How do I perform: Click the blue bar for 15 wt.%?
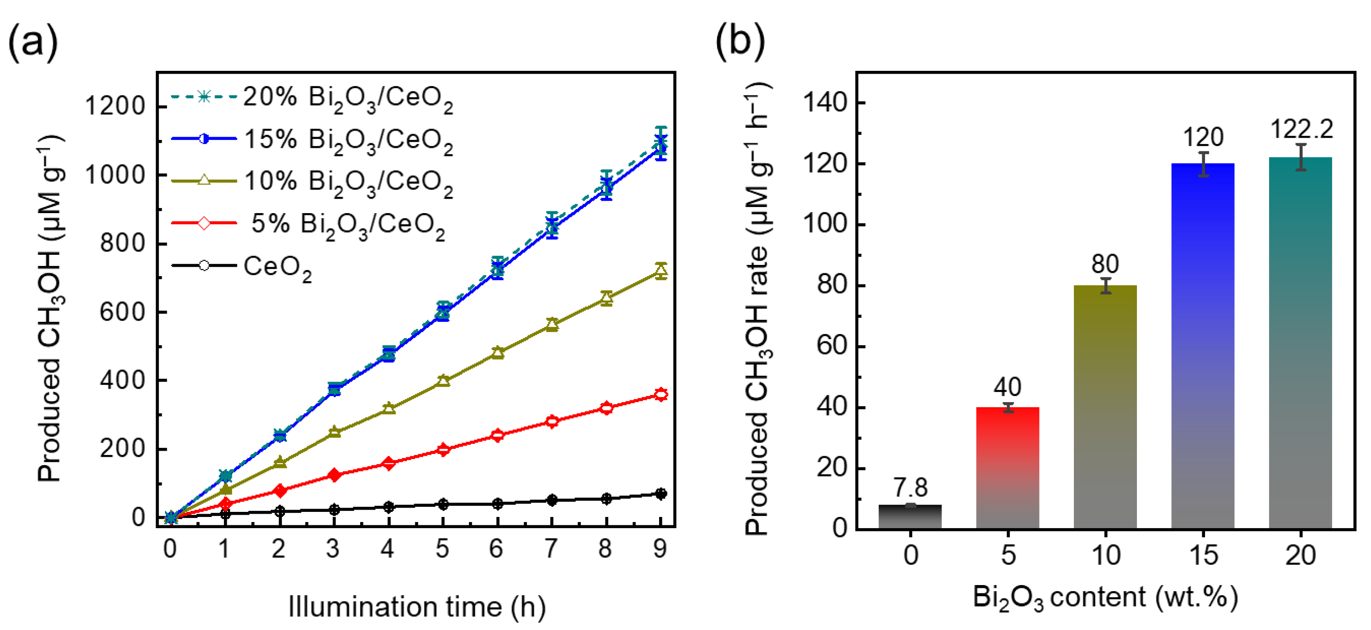[1202, 346]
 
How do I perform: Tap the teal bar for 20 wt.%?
[1300, 343]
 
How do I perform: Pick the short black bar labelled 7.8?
[910, 516]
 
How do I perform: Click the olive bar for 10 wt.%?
[1105, 407]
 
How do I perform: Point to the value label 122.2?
[1301, 129]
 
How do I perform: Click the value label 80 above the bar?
[1105, 264]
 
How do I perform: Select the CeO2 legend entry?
[277, 266]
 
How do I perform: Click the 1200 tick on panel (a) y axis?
[115, 106]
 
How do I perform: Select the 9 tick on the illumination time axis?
[660, 548]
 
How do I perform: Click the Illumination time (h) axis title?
[417, 606]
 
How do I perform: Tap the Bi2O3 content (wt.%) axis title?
[1105, 597]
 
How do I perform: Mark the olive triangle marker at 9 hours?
[660, 271]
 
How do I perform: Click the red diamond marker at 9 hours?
[660, 394]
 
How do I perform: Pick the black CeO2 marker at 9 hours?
[660, 494]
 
